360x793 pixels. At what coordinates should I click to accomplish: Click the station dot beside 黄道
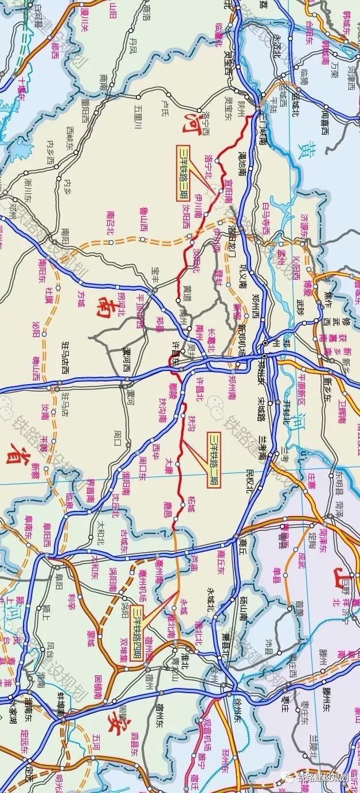coord(179,300)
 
